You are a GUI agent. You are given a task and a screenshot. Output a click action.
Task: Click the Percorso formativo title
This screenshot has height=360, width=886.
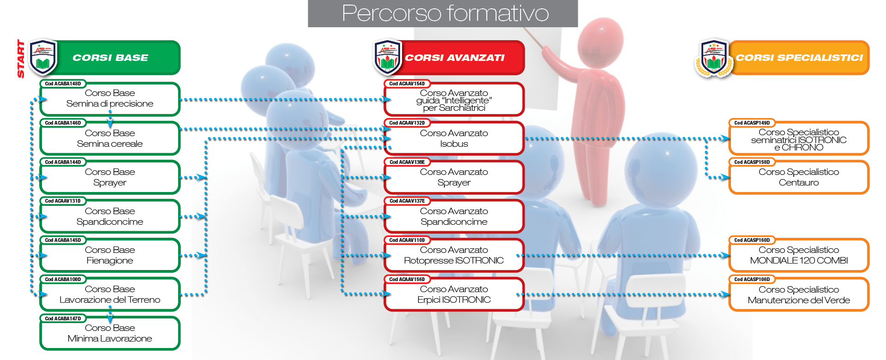coord(445,13)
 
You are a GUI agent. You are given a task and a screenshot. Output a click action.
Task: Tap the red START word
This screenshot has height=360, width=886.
coord(21,59)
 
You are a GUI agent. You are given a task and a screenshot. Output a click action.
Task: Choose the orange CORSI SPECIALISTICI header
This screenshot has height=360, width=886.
coord(799,58)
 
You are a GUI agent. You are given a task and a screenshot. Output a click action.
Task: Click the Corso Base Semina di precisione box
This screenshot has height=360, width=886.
coord(110,99)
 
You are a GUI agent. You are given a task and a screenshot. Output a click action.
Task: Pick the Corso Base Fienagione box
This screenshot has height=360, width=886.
coord(110,255)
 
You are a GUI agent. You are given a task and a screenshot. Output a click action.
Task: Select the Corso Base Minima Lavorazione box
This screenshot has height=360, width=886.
coord(110,333)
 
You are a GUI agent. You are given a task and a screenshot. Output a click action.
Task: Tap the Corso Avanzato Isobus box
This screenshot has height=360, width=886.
coord(454,138)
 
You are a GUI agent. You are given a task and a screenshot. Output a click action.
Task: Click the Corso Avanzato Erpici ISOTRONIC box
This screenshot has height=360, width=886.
coord(454,294)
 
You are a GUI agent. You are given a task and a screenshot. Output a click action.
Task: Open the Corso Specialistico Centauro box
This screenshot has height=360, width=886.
coord(799,177)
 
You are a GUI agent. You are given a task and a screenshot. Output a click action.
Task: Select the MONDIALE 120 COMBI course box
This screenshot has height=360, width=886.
coord(799,255)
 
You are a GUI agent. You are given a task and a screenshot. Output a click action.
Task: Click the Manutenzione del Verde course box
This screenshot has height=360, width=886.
coord(799,294)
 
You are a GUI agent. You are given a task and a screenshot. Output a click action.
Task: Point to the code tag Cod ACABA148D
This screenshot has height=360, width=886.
coord(63,84)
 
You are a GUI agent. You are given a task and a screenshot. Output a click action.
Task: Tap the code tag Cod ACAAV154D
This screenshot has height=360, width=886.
coord(407,84)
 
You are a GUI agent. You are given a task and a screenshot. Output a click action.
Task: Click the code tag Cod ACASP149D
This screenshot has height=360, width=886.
coord(752,123)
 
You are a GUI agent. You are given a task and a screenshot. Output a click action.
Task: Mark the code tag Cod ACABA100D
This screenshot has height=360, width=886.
coord(63,279)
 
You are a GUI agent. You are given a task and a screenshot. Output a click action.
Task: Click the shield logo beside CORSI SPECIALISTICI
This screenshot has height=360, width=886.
coord(714,58)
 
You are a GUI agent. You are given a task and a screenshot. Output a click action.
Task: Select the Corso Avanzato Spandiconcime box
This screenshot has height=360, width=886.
coord(454,216)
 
